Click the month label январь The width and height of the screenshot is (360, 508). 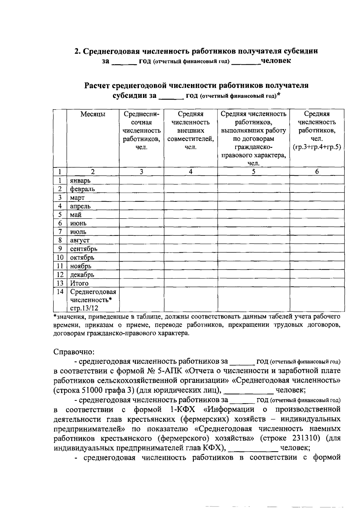coord(80,181)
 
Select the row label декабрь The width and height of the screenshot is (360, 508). coord(82,275)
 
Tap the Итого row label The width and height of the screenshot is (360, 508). coord(79,283)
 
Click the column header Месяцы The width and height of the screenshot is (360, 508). coord(93,114)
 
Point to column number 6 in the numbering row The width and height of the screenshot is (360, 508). coord(316,172)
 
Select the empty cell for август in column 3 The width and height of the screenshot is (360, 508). coord(141,240)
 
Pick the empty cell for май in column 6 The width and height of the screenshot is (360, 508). coord(316,215)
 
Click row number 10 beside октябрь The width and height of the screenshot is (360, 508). coord(60,258)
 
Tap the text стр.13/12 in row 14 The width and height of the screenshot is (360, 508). coord(84,308)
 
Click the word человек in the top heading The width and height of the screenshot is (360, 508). coord(276,61)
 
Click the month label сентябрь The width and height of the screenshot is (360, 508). coord(84,249)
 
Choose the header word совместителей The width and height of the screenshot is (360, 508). coord(190,139)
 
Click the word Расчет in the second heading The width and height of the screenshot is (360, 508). coord(98,86)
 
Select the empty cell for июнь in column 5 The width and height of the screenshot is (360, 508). coord(253,223)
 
